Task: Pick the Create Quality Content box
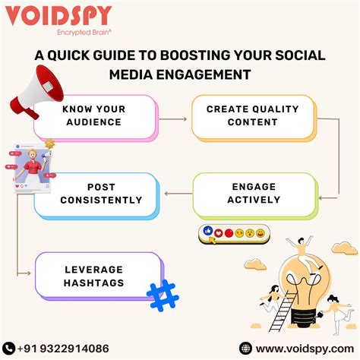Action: click(x=241, y=115)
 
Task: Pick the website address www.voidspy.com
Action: click(x=299, y=348)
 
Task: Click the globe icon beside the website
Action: click(x=245, y=348)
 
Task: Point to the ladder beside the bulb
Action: click(x=278, y=311)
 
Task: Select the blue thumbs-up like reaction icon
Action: click(x=207, y=231)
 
